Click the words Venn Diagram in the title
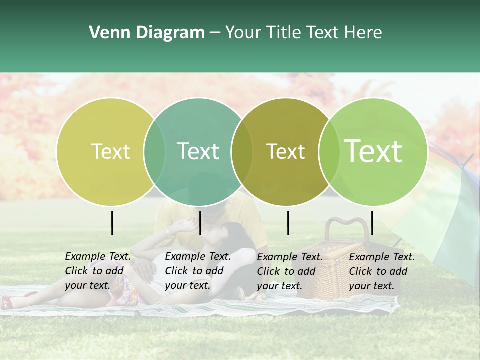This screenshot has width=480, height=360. [x=147, y=33]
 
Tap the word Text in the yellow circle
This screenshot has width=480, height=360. [x=110, y=151]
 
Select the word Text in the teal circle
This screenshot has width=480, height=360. [x=198, y=151]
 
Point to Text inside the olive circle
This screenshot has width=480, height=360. [x=285, y=151]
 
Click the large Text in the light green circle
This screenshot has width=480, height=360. [x=373, y=151]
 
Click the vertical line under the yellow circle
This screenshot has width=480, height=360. [x=112, y=223]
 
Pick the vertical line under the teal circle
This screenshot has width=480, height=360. [x=200, y=223]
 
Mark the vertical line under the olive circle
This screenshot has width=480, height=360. [x=288, y=223]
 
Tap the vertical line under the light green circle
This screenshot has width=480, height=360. [x=372, y=223]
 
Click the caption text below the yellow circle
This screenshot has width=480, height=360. [x=97, y=271]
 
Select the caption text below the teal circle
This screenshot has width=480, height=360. [x=197, y=271]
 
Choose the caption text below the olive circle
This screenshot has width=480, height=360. [x=289, y=271]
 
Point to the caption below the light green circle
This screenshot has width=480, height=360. [x=381, y=271]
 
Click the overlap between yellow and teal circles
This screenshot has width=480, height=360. [x=154, y=151]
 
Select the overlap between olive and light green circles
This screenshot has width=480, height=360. [x=328, y=151]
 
